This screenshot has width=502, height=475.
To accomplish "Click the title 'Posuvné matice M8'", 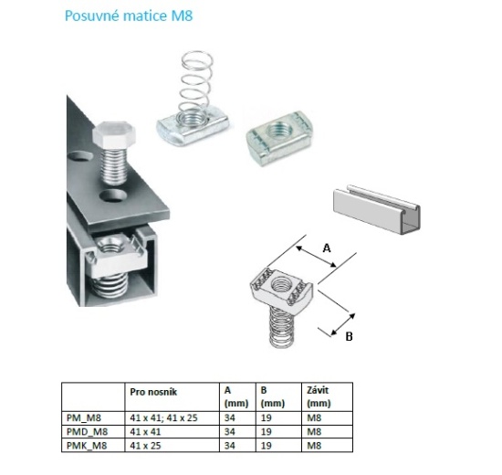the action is pyautogui.click(x=129, y=16).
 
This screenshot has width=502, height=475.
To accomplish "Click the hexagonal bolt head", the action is pyautogui.click(x=114, y=135).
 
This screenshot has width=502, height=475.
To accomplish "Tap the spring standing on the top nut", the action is pyautogui.click(x=196, y=86).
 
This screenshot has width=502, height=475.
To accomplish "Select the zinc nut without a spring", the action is pyautogui.click(x=279, y=138).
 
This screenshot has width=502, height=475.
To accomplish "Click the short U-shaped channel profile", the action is pyautogui.click(x=377, y=207).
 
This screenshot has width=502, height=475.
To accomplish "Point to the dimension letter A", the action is pyautogui.click(x=327, y=248).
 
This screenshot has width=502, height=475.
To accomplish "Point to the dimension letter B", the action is pyautogui.click(x=349, y=336).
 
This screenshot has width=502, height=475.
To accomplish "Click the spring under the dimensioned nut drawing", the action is pyautogui.click(x=281, y=326).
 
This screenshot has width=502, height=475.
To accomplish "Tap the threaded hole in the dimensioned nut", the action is pyautogui.click(x=281, y=285).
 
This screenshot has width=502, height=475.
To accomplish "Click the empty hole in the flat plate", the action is pyautogui.click(x=113, y=196).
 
